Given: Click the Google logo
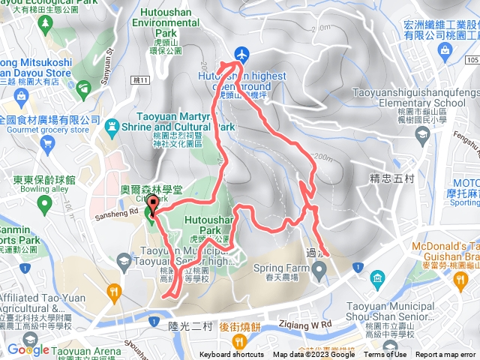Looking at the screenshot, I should [x=28, y=349].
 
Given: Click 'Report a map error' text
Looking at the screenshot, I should [x=446, y=355].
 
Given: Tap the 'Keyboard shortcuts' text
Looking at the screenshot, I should [x=232, y=355].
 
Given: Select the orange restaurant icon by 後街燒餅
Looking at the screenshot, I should [x=239, y=341].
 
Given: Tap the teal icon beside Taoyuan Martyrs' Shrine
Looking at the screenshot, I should [x=112, y=125].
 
